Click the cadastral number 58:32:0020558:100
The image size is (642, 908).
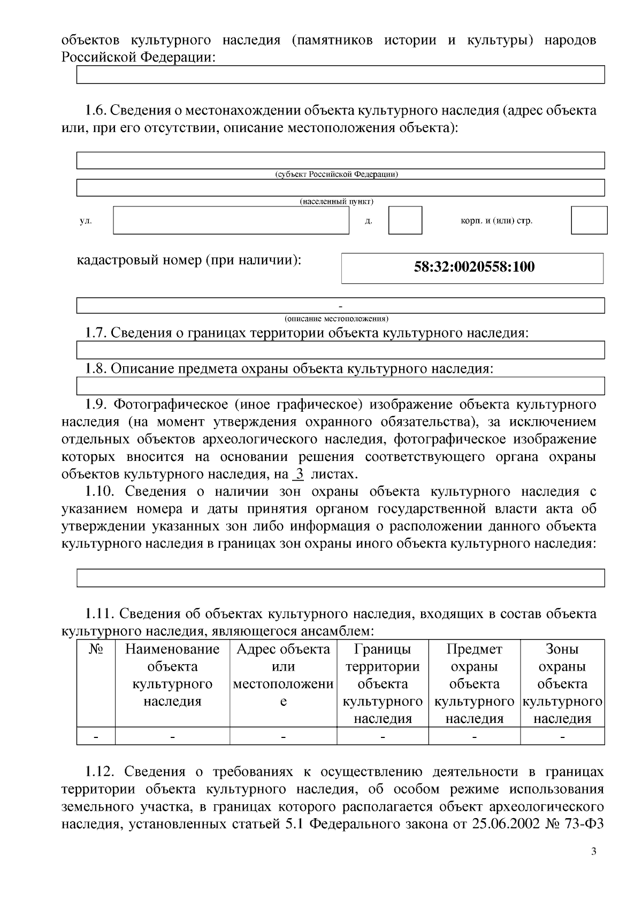(474, 267)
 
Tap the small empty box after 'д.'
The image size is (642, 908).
(405, 220)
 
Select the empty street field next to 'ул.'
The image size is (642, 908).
(231, 220)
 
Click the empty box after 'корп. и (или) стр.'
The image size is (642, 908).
(588, 220)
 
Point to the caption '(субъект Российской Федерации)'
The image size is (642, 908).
(337, 175)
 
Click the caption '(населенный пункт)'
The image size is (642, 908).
(337, 202)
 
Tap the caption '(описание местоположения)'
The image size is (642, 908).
(337, 319)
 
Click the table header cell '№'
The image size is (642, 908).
(96, 650)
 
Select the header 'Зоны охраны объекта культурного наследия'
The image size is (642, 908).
(562, 683)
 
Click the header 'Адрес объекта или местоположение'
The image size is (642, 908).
(283, 675)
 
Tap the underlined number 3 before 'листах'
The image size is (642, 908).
(300, 474)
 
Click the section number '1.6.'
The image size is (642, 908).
(96, 111)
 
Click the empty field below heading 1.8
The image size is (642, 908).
(340, 386)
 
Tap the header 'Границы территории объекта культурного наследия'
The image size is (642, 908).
(383, 683)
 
